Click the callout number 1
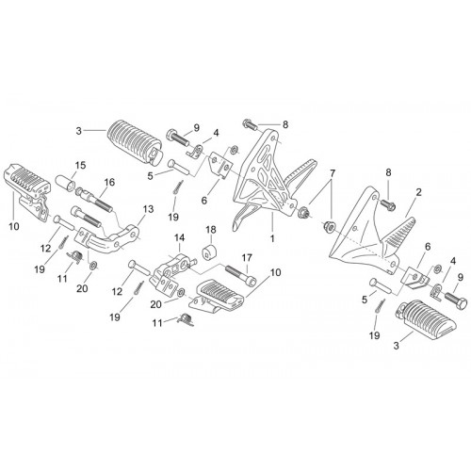(272, 238)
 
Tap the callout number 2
(418, 192)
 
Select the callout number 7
(333, 173)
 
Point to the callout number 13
(148, 209)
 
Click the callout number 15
(80, 166)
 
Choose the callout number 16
(109, 182)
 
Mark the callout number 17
(247, 258)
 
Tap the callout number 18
(211, 230)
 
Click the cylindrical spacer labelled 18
(210, 252)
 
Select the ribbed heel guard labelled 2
(399, 234)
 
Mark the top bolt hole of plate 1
(273, 138)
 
